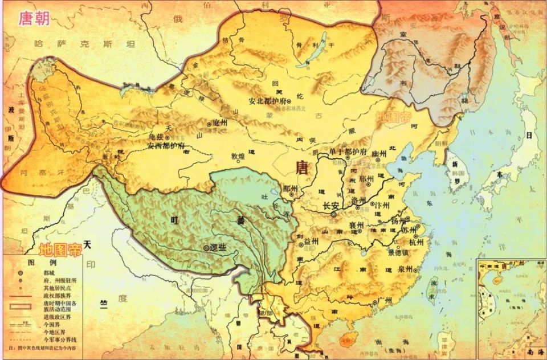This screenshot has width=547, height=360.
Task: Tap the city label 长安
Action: coord(330,206)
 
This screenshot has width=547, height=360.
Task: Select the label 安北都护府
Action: coord(268,102)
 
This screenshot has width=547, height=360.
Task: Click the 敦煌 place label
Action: coord(238,156)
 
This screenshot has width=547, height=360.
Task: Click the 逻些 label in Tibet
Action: coord(219,248)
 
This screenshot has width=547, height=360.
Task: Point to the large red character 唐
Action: coord(303,166)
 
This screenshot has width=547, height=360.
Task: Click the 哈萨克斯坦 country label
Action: coord(84,43)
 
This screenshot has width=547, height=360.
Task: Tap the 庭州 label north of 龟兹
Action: coord(219,122)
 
